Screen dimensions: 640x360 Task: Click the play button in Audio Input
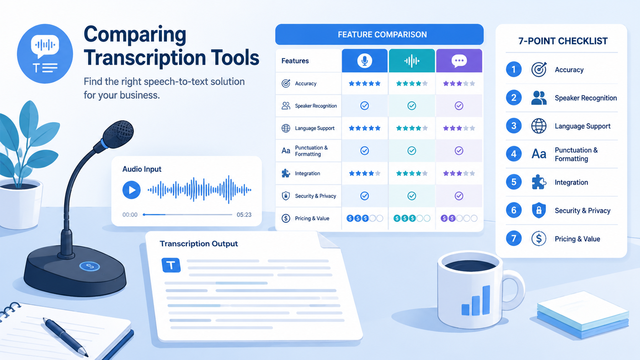click(131, 190)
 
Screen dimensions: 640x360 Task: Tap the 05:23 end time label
click(244, 215)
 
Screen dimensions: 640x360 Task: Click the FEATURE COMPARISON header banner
click(379, 34)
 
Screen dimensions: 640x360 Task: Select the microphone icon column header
click(364, 60)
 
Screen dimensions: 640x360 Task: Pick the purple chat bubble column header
click(459, 60)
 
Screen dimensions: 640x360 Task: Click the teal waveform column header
click(412, 60)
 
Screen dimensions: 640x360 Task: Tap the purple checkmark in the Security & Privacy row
click(459, 196)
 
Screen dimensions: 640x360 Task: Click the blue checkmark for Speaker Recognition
click(364, 106)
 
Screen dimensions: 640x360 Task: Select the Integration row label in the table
click(307, 173)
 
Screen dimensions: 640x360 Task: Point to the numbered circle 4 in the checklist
click(514, 154)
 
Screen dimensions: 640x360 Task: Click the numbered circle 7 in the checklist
click(514, 238)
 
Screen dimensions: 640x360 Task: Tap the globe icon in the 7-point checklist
click(539, 126)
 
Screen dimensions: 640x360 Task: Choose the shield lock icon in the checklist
click(539, 210)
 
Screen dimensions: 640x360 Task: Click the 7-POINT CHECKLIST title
click(563, 41)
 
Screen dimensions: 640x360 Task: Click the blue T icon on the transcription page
click(171, 265)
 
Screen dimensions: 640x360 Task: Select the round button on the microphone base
click(90, 266)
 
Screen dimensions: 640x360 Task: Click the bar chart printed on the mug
click(476, 301)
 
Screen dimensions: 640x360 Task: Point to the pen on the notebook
click(65, 337)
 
